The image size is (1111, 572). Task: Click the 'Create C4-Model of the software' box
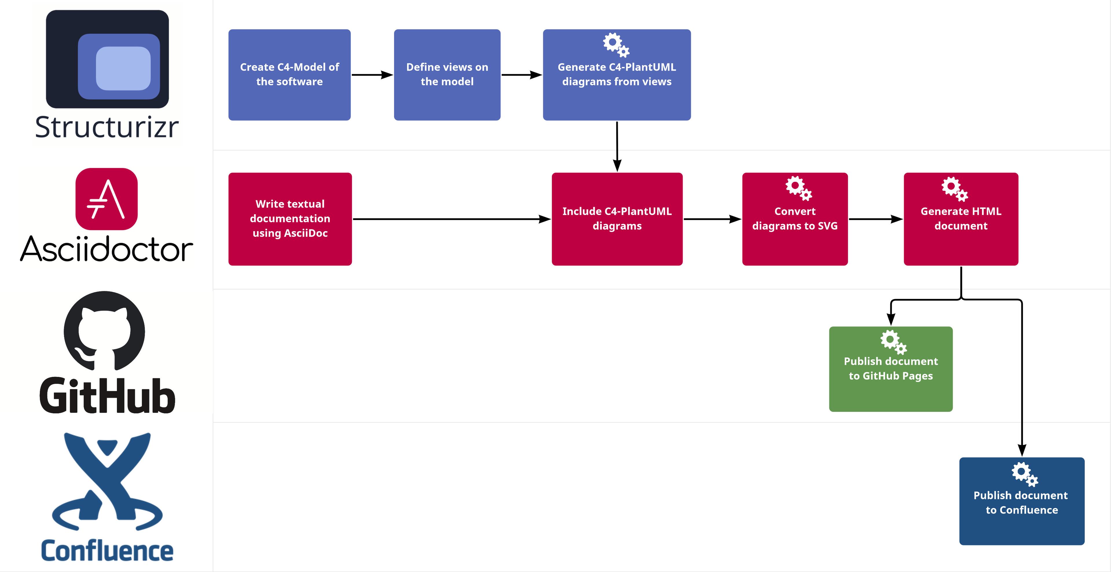[289, 75]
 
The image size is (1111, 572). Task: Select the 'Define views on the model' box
[447, 75]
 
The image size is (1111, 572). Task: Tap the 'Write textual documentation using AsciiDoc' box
[290, 219]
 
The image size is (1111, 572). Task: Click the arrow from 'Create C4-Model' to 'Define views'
[372, 75]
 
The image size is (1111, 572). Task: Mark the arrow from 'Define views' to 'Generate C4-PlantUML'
[521, 75]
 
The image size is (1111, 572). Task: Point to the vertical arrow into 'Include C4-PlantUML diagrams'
[617, 147]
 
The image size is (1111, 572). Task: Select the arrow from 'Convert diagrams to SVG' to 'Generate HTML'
[875, 219]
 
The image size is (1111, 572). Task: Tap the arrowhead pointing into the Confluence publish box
[1022, 450]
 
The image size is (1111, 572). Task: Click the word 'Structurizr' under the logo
[106, 127]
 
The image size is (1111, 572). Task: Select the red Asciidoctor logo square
[106, 199]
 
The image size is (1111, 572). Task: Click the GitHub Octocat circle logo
[104, 331]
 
